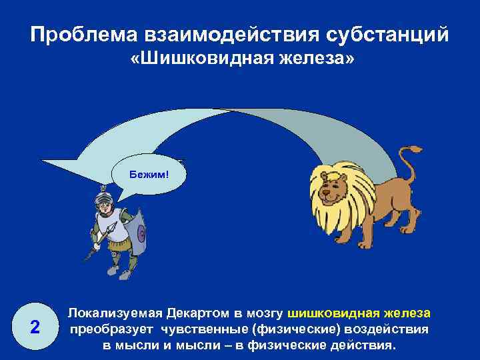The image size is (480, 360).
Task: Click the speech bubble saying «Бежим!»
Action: (150, 175)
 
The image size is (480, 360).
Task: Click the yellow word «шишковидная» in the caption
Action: (331, 313)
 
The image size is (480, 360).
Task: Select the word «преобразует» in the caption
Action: (113, 330)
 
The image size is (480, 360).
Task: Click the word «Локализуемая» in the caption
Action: (115, 313)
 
